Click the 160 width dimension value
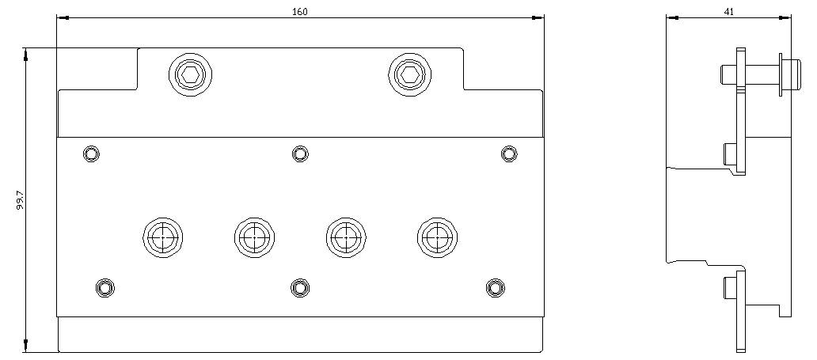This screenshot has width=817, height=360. click(x=299, y=12)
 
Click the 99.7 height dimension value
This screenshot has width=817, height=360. click(x=21, y=200)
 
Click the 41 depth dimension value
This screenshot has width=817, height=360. click(x=729, y=12)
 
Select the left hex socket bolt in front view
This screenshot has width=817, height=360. click(x=190, y=74)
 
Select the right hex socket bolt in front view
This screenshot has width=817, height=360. click(x=410, y=74)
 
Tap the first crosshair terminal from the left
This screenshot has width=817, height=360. click(x=162, y=237)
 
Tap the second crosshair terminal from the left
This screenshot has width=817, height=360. click(x=254, y=237)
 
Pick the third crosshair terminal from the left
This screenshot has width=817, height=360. click(x=346, y=237)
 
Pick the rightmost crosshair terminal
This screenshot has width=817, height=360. click(x=437, y=237)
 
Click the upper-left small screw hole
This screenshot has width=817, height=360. click(x=92, y=153)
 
